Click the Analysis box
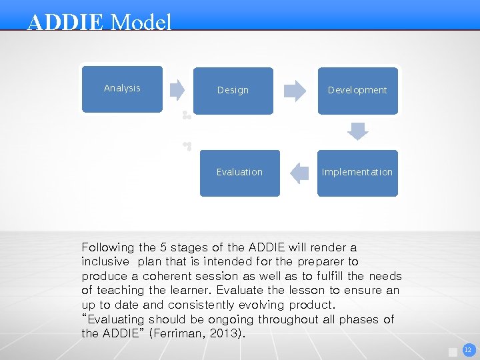pyautogui.click(x=122, y=88)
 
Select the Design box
pyautogui.click(x=233, y=90)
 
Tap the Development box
pyautogui.click(x=357, y=90)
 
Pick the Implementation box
pyautogui.click(x=357, y=172)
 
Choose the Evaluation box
pyautogui.click(x=239, y=172)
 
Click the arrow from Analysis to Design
pyautogui.click(x=177, y=89)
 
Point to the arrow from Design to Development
pyautogui.click(x=295, y=90)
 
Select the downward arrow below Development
pyautogui.click(x=358, y=131)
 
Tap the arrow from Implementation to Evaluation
pyautogui.click(x=299, y=173)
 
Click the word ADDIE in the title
pyautogui.click(x=65, y=23)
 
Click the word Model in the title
pyautogui.click(x=141, y=23)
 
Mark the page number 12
pyautogui.click(x=467, y=349)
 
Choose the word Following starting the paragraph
pyautogui.click(x=107, y=247)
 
